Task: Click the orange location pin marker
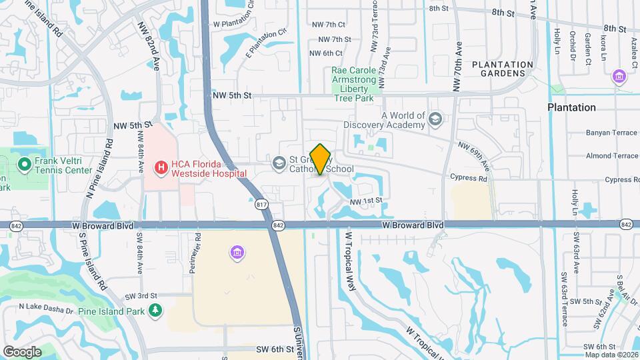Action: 321,159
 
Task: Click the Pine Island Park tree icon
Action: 155,310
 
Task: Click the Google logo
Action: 22,351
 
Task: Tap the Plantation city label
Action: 571,107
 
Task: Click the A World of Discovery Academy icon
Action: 435,119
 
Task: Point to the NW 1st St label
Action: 367,200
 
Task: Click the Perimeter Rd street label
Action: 198,246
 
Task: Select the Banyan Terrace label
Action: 611,133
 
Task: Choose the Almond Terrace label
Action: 611,155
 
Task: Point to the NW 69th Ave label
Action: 474,155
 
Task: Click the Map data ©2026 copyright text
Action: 611,354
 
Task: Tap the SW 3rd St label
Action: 142,295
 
